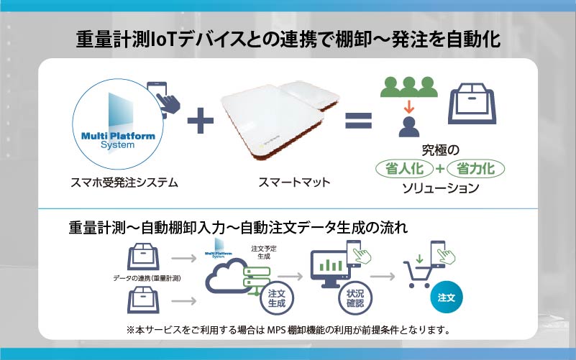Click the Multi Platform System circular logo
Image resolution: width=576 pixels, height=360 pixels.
(117, 124)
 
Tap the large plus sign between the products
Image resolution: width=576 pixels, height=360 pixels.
(200, 121)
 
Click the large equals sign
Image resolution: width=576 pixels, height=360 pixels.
(359, 121)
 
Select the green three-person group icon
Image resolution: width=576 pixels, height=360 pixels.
(409, 87)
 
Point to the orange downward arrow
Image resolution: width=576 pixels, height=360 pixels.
(409, 106)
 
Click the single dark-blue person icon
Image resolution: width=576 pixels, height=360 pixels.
(409, 127)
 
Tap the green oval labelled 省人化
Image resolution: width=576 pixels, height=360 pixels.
(404, 169)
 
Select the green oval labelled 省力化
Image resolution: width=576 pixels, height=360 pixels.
(476, 169)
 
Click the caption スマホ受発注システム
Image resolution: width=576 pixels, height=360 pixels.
(124, 183)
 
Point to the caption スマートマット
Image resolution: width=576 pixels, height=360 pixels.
(294, 182)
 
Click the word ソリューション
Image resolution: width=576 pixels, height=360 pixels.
(440, 188)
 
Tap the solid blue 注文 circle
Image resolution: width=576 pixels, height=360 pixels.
(447, 297)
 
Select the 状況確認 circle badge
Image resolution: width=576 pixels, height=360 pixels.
(355, 298)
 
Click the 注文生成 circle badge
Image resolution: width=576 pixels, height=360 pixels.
(277, 298)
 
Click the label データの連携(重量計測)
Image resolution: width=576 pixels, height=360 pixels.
(147, 279)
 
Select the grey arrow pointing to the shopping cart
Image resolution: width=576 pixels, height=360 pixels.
(383, 277)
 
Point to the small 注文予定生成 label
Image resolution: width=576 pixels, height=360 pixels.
(264, 252)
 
